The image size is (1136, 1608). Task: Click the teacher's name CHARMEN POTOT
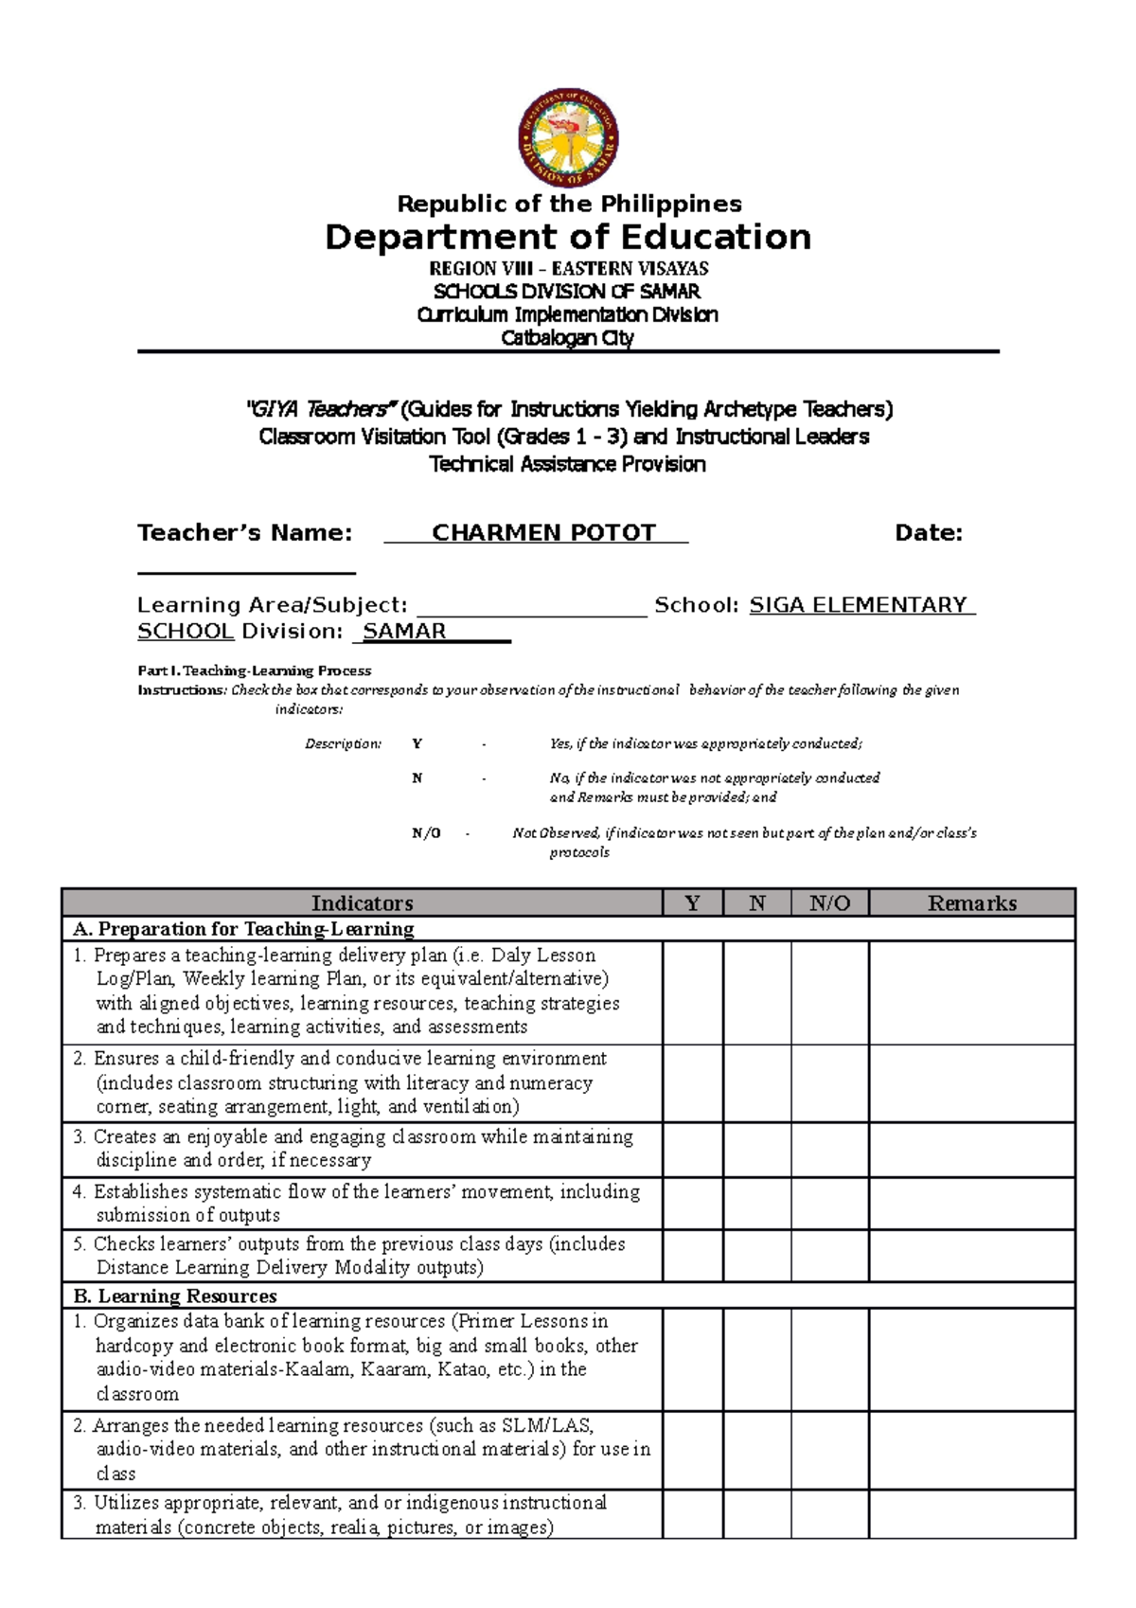tap(543, 533)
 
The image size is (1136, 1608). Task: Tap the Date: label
tap(929, 533)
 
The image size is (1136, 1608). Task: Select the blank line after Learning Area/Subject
tap(531, 607)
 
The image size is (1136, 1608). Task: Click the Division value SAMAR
tap(404, 632)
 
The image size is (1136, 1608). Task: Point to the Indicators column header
tap(362, 903)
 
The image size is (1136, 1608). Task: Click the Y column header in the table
tap(693, 903)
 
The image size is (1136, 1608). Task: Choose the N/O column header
tap(830, 903)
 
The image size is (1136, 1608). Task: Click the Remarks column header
tap(972, 903)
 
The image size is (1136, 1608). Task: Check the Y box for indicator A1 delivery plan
tap(693, 992)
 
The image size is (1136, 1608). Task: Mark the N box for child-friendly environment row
tap(757, 1083)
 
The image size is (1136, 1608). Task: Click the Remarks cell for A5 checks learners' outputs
tap(972, 1257)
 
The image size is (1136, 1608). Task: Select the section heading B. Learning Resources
tap(175, 1295)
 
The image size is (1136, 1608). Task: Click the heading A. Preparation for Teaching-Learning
tap(244, 929)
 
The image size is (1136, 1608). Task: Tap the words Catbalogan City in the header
tap(567, 338)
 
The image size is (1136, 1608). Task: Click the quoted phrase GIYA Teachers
tap(319, 410)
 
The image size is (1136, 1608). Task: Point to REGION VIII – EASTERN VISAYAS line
tap(568, 269)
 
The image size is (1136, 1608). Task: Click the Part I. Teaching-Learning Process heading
tap(255, 670)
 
